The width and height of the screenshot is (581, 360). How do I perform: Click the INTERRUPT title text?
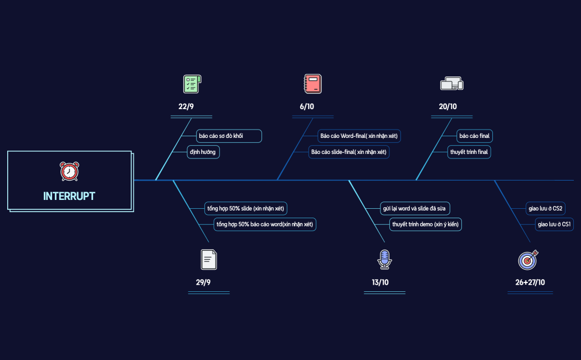pyautogui.click(x=69, y=196)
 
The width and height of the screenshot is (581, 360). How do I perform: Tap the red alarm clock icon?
pyautogui.click(x=69, y=171)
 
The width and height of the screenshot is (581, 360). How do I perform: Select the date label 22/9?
pyautogui.click(x=186, y=106)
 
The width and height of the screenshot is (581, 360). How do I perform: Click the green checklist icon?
pyautogui.click(x=192, y=84)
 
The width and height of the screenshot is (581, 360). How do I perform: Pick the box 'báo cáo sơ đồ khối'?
pyautogui.click(x=229, y=136)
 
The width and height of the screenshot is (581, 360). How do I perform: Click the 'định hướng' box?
pyautogui.click(x=203, y=152)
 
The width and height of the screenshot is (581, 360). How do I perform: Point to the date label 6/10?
pyautogui.click(x=307, y=106)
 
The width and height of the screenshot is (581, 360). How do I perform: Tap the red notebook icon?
pyautogui.click(x=313, y=84)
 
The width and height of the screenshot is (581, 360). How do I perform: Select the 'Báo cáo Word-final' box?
pyautogui.click(x=359, y=136)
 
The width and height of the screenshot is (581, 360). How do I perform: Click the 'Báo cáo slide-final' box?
pyautogui.click(x=349, y=152)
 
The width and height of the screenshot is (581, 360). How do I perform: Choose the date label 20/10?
pyautogui.click(x=448, y=106)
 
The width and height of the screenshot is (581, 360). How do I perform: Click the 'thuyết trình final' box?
pyautogui.click(x=469, y=152)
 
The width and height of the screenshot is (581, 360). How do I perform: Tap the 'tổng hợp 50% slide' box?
pyautogui.click(x=245, y=209)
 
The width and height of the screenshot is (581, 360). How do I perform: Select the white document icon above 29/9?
pyautogui.click(x=209, y=259)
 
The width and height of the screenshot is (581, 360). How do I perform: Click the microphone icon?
pyautogui.click(x=384, y=259)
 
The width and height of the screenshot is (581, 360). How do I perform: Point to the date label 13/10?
pyautogui.click(x=380, y=282)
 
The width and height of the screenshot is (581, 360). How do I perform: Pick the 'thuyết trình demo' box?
pyautogui.click(x=425, y=224)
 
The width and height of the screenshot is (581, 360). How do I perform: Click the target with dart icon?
pyautogui.click(x=528, y=259)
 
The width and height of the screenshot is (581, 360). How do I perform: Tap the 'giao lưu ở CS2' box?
pyautogui.click(x=546, y=209)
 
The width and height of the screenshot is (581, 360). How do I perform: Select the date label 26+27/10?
pyautogui.click(x=530, y=282)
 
